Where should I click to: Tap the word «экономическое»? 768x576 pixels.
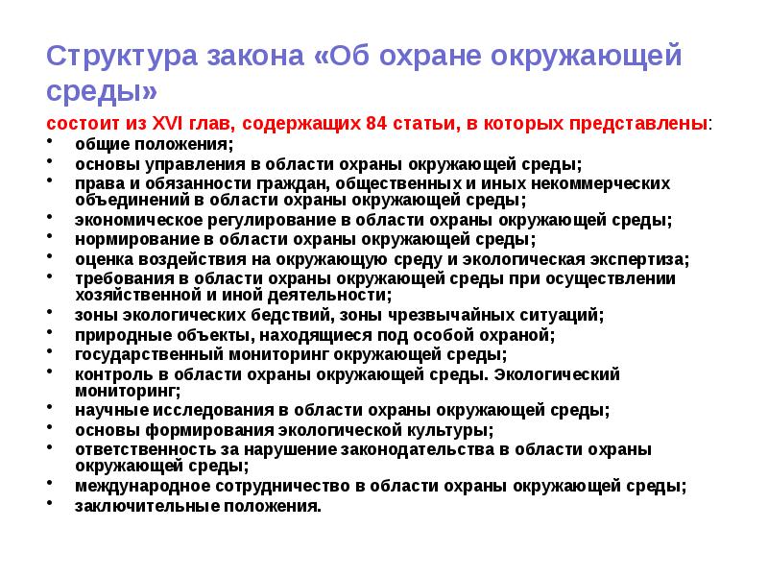point(132,219)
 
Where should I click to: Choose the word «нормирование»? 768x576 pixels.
point(126,239)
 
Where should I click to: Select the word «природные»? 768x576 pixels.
point(113,334)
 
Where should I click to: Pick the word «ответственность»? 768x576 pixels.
point(133,448)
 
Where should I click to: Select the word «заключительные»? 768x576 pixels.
point(133,504)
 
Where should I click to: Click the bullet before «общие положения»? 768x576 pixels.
point(50,144)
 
